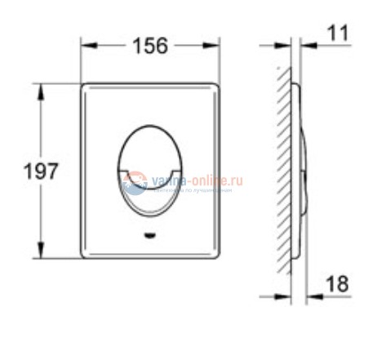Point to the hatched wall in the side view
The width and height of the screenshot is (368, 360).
[282, 171]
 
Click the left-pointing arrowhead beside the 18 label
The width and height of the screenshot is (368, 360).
[313, 293]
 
